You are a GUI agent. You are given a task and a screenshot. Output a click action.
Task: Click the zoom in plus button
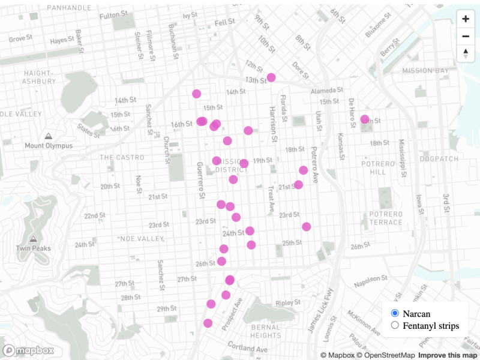coord(466,19)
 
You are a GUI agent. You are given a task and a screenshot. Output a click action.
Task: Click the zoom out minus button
coord(466,36)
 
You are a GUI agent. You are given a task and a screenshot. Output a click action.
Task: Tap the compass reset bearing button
coord(466,53)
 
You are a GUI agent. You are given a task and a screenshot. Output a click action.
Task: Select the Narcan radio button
coord(395,313)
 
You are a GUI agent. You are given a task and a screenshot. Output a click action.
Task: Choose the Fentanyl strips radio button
coord(395,325)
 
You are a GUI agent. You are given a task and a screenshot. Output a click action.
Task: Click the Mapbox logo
coord(29,350)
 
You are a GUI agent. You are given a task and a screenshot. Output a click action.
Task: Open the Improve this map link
coord(446,355)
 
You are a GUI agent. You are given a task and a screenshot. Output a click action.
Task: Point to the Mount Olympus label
coord(49,146)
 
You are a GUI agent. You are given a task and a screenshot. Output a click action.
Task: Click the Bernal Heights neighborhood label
coord(265,331)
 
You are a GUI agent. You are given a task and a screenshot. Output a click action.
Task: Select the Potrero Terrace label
coord(385,218)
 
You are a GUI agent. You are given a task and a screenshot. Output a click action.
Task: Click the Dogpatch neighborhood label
coord(439,159)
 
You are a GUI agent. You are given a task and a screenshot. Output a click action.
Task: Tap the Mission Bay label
coord(425,71)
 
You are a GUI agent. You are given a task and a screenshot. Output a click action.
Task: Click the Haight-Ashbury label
coord(39,77)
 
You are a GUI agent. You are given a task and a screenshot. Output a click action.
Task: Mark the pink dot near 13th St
coord(271,77)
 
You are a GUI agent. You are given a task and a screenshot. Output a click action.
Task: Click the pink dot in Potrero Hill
coord(365,119)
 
